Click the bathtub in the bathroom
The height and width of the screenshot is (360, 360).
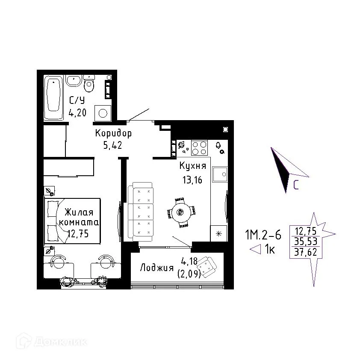pos(54,97)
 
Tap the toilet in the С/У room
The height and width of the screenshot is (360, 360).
pos(89,83)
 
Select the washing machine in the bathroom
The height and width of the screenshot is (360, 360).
pos(103,113)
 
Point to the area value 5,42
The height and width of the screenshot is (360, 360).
pos(112,145)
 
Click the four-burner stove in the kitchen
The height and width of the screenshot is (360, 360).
pos(199,148)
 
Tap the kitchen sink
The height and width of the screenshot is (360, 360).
pos(220,174)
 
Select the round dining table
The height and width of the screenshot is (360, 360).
pos(181,212)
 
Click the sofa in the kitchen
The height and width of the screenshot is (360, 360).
pos(140,212)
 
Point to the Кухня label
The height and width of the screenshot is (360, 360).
pos(193,166)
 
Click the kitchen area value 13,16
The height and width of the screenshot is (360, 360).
pos(192,180)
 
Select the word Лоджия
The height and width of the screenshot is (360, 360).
pos(157,268)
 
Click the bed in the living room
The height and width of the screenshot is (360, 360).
pos(73,221)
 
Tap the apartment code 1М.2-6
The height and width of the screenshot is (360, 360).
pos(263,235)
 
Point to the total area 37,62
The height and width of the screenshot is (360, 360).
pos(306,252)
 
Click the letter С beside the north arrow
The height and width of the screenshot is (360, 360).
pos(296,185)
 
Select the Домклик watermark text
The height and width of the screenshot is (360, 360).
pos(61,342)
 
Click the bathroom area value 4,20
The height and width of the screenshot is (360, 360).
pos(78,112)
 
